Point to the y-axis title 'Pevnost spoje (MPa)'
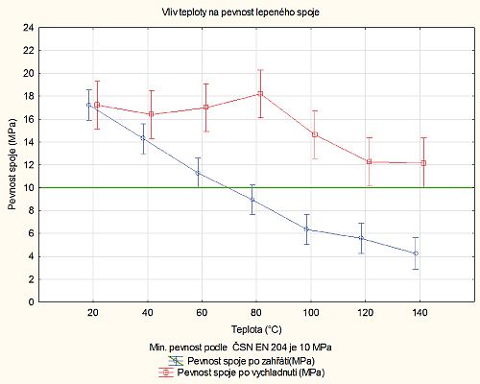[x=12, y=164]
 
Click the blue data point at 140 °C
[x=416, y=253]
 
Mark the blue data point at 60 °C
[x=198, y=173]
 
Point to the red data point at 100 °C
[x=314, y=134]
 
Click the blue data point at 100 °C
[x=306, y=229]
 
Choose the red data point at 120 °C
[x=369, y=161]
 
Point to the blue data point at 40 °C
[x=143, y=138]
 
